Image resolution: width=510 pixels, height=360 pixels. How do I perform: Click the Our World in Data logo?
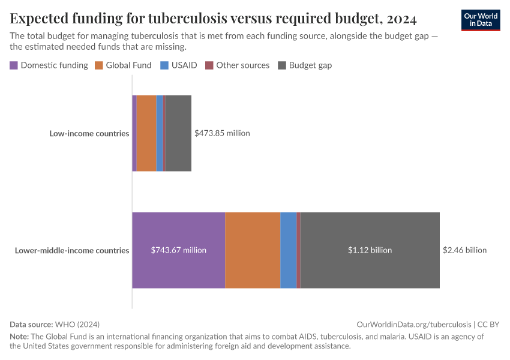(480, 20)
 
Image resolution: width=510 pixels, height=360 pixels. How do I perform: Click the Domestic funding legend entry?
(49, 65)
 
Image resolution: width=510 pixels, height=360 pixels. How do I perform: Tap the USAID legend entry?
(178, 65)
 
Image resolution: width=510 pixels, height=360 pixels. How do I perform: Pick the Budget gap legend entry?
(305, 65)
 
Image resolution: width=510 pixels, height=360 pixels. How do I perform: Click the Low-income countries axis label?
(89, 133)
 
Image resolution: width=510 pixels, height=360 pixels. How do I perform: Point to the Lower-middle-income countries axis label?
(71, 250)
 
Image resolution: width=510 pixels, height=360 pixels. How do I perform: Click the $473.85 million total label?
(222, 133)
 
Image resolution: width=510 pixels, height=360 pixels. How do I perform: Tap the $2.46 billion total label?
(464, 250)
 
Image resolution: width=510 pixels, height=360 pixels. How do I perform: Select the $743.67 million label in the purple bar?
(178, 250)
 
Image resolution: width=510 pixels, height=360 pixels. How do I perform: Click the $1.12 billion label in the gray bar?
(370, 250)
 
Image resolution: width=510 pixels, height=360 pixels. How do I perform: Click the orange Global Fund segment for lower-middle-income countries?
(253, 250)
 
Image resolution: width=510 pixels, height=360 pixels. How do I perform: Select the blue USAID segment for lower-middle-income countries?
(288, 250)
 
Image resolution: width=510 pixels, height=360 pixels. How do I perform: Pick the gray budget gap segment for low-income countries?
(178, 133)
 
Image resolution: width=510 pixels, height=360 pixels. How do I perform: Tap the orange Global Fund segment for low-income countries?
(146, 133)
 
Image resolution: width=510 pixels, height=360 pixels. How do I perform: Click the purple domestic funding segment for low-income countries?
(134, 133)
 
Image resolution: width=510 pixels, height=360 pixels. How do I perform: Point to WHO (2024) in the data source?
(79, 324)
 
